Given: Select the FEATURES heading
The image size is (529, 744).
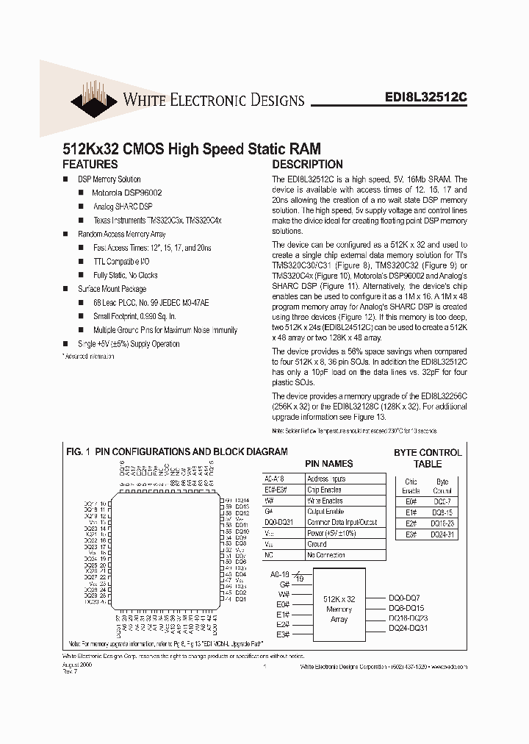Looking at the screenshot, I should [x=91, y=165].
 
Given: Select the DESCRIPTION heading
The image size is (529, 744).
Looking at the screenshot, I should [x=307, y=165].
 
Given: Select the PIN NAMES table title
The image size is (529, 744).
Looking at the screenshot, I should [x=329, y=464].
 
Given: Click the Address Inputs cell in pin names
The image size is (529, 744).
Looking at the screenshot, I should [x=326, y=479].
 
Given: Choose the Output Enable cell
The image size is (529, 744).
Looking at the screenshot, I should [x=325, y=511].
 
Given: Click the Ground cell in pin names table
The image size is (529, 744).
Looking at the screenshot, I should [x=317, y=544].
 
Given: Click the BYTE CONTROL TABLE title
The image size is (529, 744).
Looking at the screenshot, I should [x=428, y=458].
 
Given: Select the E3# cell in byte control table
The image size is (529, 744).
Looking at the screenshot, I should [x=411, y=534].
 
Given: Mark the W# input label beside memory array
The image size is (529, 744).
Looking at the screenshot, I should [x=281, y=593].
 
